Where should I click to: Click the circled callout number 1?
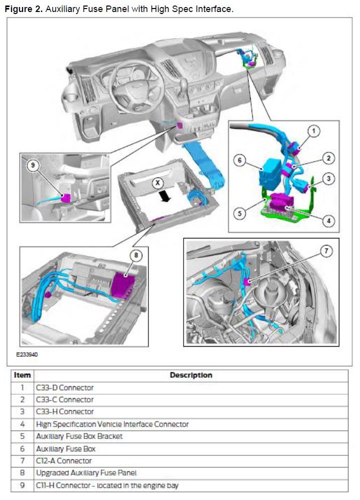[x=313, y=131]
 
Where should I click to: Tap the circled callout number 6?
[x=240, y=160]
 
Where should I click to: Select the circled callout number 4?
[x=329, y=220]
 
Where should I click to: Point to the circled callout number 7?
[x=326, y=251]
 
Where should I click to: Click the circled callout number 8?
[x=136, y=255]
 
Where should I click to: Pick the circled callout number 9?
[x=33, y=165]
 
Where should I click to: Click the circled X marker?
[x=157, y=183]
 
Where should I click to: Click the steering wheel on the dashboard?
[x=133, y=87]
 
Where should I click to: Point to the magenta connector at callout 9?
[x=66, y=198]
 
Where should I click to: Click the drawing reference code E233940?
[x=27, y=354]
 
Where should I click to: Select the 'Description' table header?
[x=191, y=375]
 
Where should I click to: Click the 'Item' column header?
[x=22, y=375]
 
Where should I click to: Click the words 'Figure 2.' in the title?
[x=24, y=9]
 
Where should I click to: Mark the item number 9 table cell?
[x=22, y=485]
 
